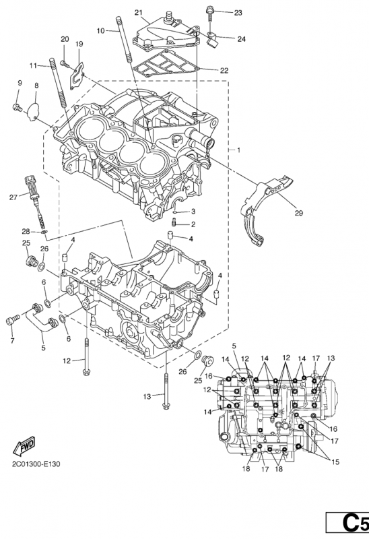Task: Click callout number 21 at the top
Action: (139, 13)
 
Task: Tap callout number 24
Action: (241, 38)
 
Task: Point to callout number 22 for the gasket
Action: (224, 70)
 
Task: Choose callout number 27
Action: (13, 197)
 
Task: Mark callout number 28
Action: (26, 231)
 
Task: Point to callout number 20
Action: (65, 38)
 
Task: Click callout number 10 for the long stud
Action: (100, 31)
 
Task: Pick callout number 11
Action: (32, 65)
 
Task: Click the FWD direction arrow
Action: (24, 446)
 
